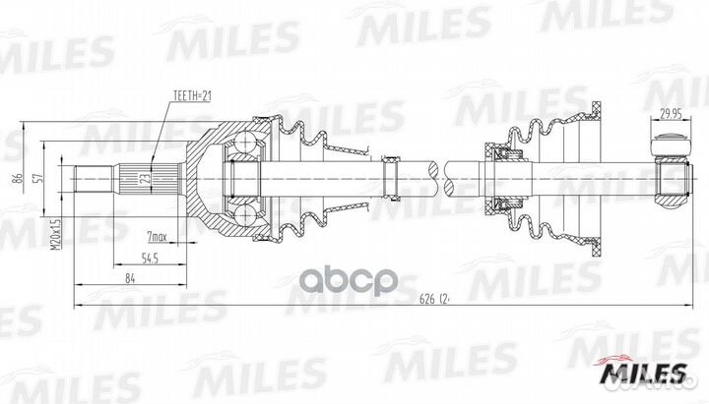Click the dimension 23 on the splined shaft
pyautogui.click(x=145, y=178)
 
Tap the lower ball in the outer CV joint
pyautogui.click(x=242, y=210)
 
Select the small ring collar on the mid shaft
pyautogui.click(x=390, y=177)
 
